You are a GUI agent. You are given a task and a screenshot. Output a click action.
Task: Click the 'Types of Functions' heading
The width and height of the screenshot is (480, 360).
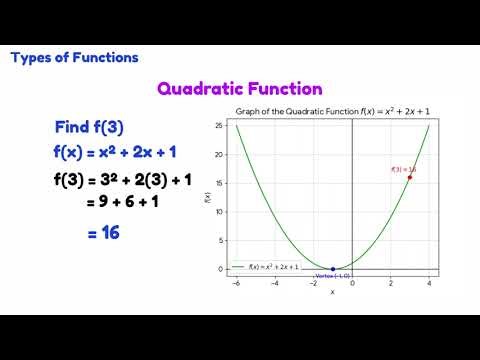(x=74, y=57)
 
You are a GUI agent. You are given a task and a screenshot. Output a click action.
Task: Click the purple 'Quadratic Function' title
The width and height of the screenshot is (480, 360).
(x=239, y=89)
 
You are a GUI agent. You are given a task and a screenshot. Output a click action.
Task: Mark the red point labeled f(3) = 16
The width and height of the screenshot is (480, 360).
(x=410, y=177)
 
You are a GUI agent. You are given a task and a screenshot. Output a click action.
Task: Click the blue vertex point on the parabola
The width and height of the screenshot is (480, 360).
(x=333, y=269)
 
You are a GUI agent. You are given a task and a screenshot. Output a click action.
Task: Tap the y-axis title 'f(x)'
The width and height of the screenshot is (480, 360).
(x=207, y=197)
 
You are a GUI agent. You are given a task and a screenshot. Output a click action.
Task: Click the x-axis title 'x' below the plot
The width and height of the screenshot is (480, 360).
(x=332, y=292)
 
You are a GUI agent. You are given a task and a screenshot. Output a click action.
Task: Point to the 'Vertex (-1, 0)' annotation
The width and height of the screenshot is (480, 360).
(x=332, y=275)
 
